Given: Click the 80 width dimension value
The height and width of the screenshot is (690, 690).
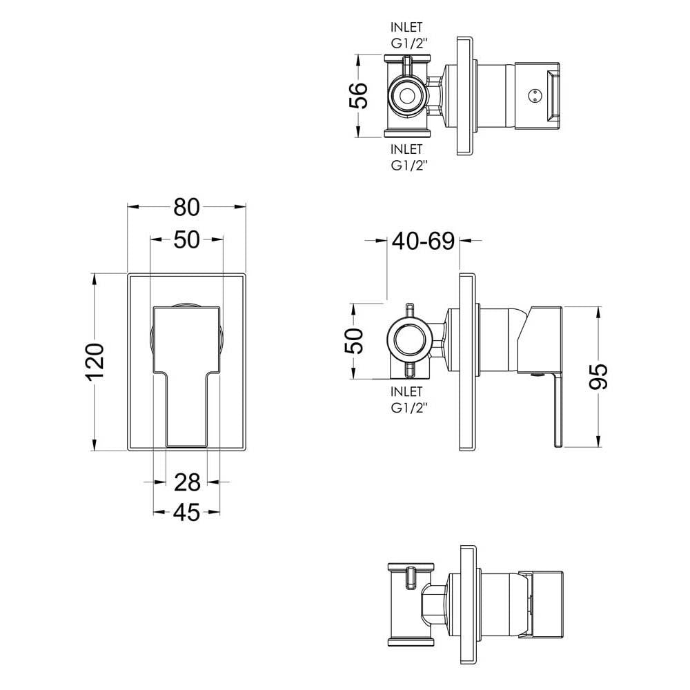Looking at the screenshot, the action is [x=186, y=207].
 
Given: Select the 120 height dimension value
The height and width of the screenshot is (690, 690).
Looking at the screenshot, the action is [x=95, y=362].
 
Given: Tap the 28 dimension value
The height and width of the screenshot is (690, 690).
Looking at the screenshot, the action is [x=187, y=482].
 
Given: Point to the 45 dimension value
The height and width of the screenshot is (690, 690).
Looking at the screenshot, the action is [x=186, y=513].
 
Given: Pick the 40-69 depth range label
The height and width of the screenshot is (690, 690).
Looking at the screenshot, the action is [x=423, y=241].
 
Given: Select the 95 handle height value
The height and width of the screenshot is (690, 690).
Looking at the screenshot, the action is [x=598, y=376].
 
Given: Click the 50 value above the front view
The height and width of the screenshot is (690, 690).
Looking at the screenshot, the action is [x=186, y=240].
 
